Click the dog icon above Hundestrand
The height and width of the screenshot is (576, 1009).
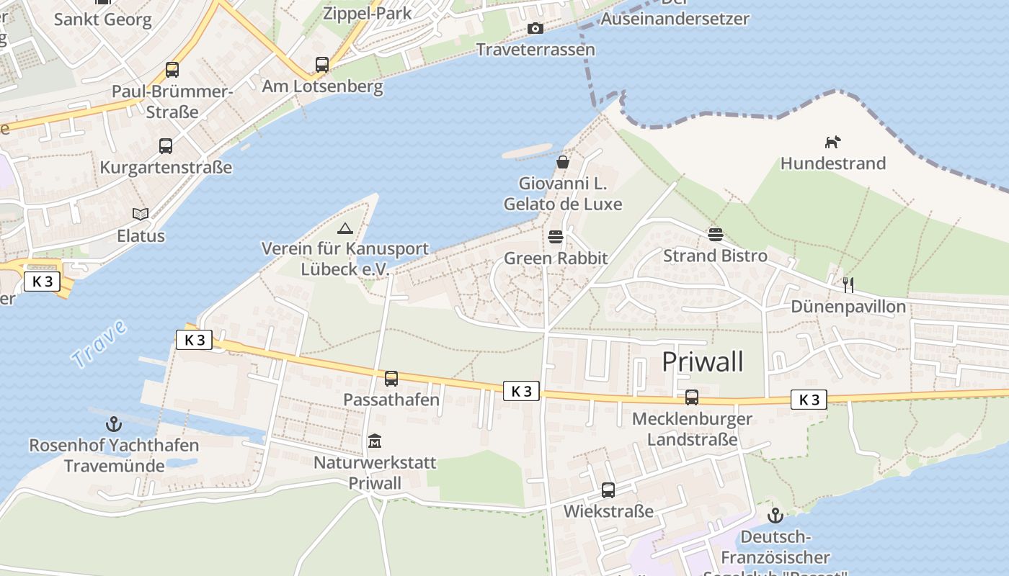tap(833, 142)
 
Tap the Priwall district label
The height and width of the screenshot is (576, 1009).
tap(702, 361)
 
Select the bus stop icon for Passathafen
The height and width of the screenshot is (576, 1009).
tap(391, 378)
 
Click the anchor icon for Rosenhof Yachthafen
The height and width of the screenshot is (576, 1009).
tap(114, 423)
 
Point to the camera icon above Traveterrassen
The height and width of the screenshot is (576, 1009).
tap(535, 28)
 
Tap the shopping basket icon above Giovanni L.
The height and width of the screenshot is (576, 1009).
tap(563, 162)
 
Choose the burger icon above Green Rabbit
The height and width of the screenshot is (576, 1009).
tap(556, 236)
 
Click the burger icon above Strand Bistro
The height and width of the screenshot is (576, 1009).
tap(715, 234)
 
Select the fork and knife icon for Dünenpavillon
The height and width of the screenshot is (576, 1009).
tap(848, 285)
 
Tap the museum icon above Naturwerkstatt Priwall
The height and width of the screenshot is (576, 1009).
tap(375, 441)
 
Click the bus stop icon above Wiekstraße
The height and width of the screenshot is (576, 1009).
tap(608, 490)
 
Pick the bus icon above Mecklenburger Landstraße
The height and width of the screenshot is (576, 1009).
tap(692, 397)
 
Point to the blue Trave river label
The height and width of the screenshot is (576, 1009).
tap(99, 343)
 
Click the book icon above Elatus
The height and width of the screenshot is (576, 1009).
tap(141, 214)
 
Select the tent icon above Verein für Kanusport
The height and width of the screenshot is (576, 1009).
tap(345, 228)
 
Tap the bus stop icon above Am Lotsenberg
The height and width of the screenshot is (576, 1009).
tap(322, 65)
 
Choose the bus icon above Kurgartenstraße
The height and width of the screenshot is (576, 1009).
tap(166, 146)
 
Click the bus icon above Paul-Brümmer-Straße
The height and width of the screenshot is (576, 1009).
tap(172, 70)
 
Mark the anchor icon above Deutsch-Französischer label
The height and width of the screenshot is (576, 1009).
tap(775, 516)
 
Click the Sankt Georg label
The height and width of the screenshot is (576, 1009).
tap(103, 19)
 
